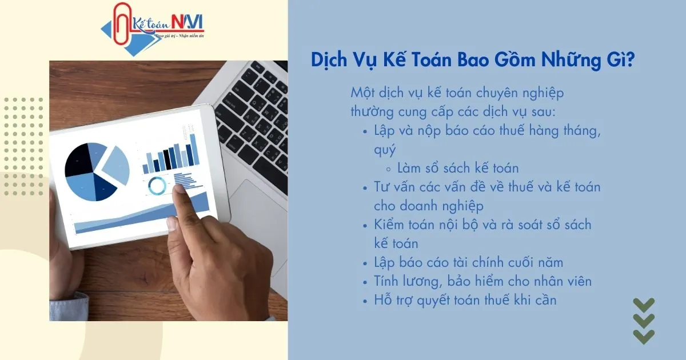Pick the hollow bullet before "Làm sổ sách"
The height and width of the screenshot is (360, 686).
(389, 169)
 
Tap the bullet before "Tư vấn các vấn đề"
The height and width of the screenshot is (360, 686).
(366, 187)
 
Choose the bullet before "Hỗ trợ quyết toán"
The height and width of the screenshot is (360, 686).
(366, 300)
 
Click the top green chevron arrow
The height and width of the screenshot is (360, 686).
(643, 305)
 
